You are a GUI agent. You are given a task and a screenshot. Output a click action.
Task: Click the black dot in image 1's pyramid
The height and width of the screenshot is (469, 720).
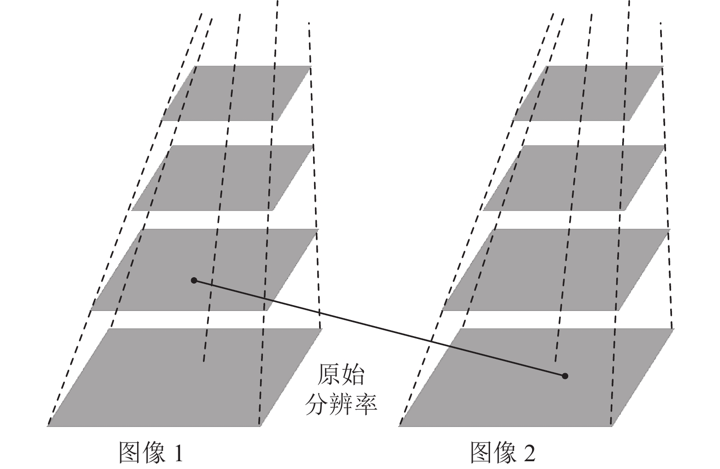[x=194, y=280]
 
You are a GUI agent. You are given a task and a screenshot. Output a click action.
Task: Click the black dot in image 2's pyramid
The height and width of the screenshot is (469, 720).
[x=565, y=376]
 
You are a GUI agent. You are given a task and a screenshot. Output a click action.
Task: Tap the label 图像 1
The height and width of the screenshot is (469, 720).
[x=151, y=453]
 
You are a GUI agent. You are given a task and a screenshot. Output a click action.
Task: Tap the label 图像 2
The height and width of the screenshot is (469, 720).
[x=502, y=453]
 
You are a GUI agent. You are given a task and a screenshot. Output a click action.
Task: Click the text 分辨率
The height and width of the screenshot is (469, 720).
[x=341, y=404]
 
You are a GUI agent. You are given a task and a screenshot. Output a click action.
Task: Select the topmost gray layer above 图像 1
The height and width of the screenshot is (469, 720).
[x=236, y=93]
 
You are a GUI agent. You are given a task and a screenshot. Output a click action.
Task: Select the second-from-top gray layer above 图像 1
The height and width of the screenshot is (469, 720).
[x=222, y=178]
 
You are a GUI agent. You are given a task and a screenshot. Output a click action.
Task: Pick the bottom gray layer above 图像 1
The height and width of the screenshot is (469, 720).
[x=183, y=377]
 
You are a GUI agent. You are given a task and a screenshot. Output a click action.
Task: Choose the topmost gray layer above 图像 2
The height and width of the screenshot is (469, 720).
[x=588, y=93]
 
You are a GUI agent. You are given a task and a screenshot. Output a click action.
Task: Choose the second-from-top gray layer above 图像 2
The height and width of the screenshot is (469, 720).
[x=574, y=178]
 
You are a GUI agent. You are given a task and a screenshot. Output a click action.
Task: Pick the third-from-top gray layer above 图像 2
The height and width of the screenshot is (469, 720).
[x=555, y=269]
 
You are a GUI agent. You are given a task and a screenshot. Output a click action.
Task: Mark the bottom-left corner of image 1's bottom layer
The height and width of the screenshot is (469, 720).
[x=48, y=426]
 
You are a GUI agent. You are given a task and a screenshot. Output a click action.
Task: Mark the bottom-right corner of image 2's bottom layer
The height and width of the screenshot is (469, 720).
[x=612, y=426]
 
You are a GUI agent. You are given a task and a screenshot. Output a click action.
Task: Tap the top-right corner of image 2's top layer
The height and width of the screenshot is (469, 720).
[x=663, y=67]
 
